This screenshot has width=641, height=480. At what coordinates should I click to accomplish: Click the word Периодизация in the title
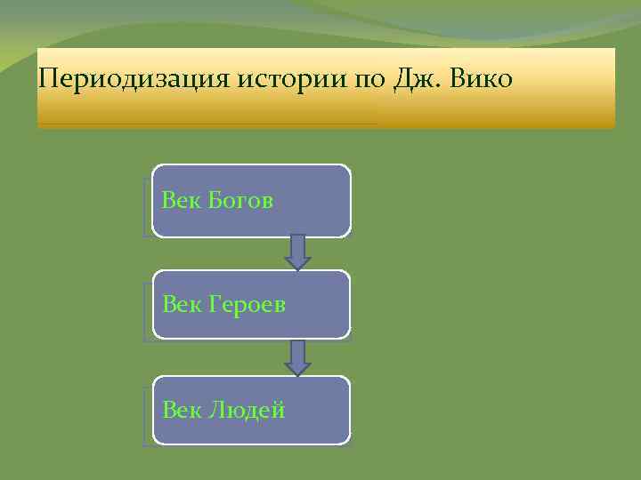click(134, 79)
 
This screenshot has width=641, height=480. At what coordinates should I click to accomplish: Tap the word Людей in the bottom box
click(247, 410)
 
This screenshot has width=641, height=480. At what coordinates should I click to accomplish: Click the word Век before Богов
click(183, 200)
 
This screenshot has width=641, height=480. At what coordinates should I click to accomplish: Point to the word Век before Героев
click(183, 305)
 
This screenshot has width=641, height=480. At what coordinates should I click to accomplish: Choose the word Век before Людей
click(183, 410)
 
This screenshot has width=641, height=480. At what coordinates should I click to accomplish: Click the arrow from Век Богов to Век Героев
click(297, 252)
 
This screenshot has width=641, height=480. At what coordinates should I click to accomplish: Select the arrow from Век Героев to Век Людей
click(297, 357)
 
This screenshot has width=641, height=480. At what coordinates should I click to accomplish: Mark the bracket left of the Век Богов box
click(146, 206)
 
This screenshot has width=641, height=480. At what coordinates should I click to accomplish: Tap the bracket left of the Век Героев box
click(146, 311)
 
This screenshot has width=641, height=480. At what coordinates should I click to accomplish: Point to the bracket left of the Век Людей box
click(146, 416)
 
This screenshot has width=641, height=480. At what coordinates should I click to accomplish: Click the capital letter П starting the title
click(48, 79)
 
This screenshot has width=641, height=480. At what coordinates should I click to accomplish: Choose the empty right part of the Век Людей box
click(320, 410)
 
